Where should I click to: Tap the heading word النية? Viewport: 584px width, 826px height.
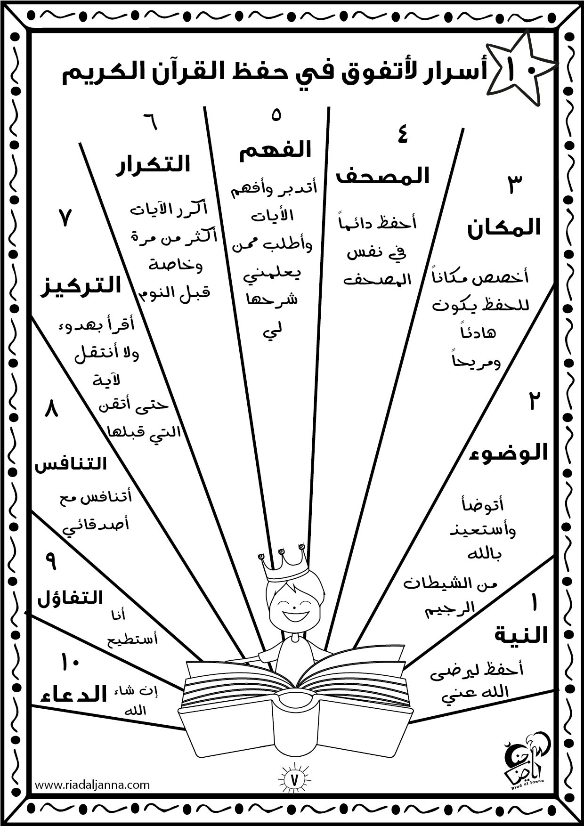point(521,636)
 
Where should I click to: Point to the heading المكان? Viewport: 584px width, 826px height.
point(503,228)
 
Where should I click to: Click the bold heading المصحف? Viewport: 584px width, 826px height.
point(382,176)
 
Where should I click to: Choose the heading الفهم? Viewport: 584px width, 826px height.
point(276,150)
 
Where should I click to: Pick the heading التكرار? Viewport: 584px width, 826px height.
point(153,164)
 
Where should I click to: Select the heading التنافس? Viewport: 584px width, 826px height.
point(71,464)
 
